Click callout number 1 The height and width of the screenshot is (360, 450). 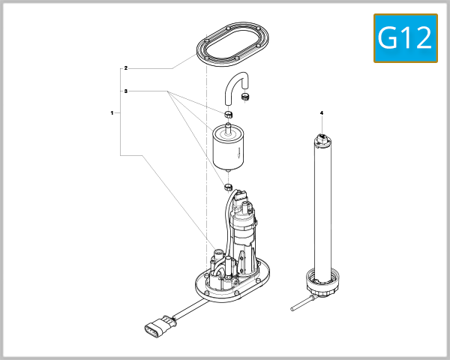[112, 112]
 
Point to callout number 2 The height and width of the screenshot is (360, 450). [126, 68]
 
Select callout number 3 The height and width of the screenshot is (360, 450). [126, 91]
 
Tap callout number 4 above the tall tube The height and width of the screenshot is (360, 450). [322, 112]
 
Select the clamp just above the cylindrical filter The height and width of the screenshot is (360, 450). [229, 113]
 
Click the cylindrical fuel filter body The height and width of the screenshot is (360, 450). [226, 150]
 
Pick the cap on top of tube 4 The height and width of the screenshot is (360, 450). [322, 138]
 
